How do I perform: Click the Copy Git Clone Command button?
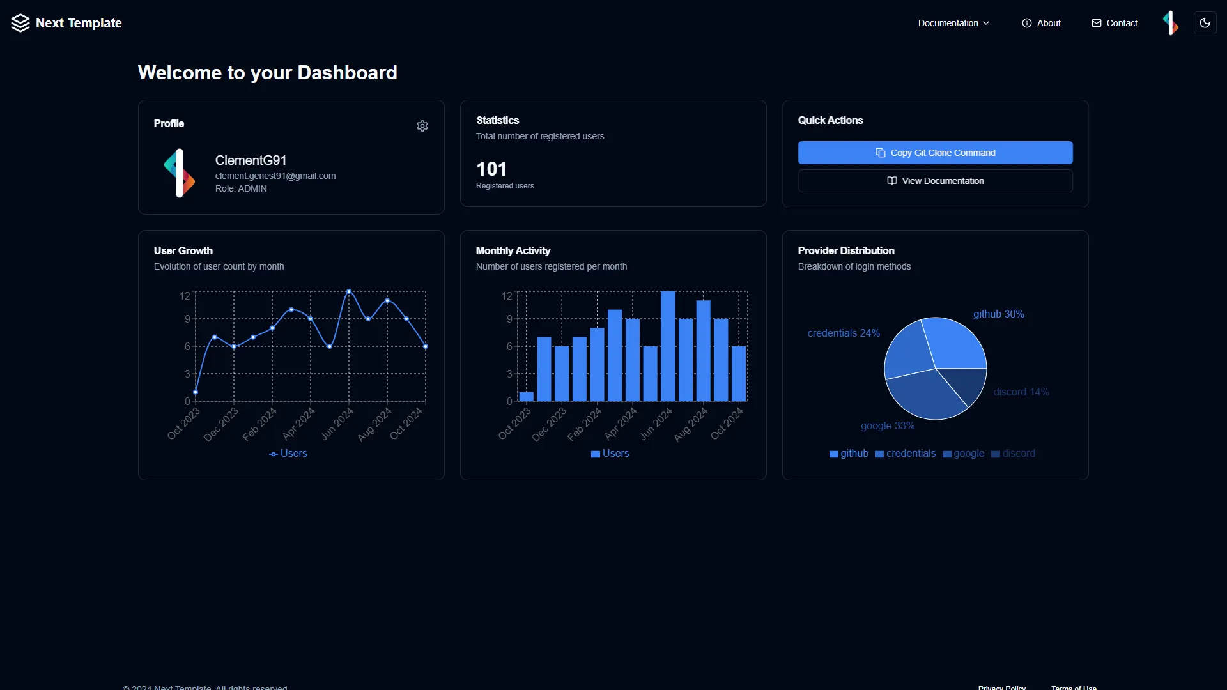(935, 153)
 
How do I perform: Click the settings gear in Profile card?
(422, 126)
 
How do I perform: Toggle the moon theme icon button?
(1205, 23)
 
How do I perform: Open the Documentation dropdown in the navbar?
(953, 23)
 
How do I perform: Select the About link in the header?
(1041, 23)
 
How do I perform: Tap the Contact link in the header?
(1115, 23)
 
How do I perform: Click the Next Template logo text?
(79, 23)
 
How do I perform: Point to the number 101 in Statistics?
(491, 169)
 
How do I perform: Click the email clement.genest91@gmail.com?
(275, 176)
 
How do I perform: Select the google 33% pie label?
(887, 426)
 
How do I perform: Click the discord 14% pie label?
(1021, 392)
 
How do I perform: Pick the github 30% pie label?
(998, 314)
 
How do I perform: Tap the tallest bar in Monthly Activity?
(668, 346)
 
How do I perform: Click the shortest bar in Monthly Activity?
(527, 397)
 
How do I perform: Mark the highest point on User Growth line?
(349, 291)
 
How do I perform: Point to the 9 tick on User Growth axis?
(187, 319)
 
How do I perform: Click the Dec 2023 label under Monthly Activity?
(548, 425)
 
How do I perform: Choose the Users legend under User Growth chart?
(288, 454)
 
